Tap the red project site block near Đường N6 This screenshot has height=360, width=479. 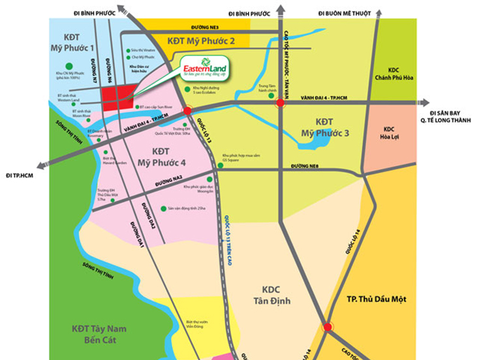[x=116, y=98]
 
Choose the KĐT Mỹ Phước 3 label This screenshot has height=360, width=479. [x=324, y=128]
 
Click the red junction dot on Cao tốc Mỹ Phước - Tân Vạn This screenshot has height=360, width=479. [x=280, y=102]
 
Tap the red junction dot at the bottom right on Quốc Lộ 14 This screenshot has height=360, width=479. [x=328, y=327]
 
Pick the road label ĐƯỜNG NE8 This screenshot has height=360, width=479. [x=305, y=167]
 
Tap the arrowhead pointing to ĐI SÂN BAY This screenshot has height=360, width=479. [x=425, y=102]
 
